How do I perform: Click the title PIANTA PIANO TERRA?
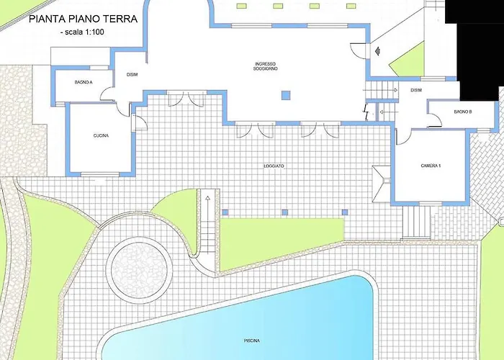[84, 19]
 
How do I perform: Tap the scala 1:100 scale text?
[82, 32]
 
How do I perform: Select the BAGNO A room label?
[84, 82]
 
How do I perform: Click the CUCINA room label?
[101, 135]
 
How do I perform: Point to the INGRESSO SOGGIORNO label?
[266, 66]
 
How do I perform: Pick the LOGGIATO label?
[274, 166]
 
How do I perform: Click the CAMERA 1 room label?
[431, 166]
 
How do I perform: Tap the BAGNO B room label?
[463, 112]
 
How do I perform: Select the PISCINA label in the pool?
[252, 341]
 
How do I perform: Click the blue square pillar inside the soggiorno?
[286, 96]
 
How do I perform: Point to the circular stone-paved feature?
[139, 270]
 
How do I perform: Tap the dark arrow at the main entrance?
[377, 51]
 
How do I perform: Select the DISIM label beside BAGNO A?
[132, 75]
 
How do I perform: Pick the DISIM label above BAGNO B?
[416, 90]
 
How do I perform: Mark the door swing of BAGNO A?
[107, 94]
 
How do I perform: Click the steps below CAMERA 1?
[416, 222]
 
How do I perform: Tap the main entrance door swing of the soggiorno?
[358, 50]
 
